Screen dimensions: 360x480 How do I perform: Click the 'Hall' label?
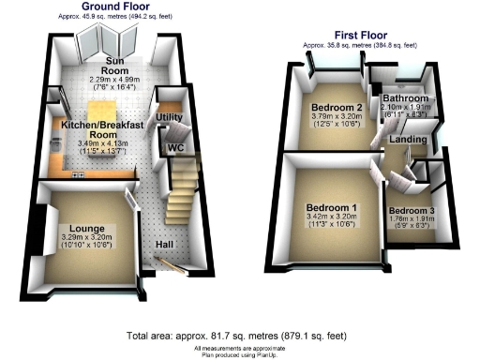tap(165, 245)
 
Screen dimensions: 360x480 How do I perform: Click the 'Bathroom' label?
tap(405, 98)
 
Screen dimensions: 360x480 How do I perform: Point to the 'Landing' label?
tap(408, 140)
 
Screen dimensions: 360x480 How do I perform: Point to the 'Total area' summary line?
tap(240, 335)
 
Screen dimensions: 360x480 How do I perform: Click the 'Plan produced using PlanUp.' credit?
tap(240, 352)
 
